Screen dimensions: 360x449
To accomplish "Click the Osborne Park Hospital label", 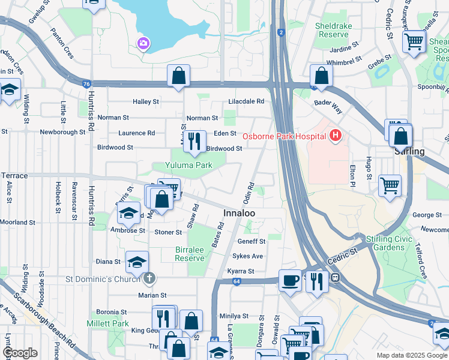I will tap(283, 136).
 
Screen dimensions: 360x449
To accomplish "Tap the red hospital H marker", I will tap(335, 136).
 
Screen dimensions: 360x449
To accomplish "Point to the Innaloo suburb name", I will tap(239, 214).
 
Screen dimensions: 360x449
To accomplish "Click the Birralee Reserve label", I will tap(189, 253).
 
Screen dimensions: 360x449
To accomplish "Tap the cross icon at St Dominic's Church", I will tap(149, 278).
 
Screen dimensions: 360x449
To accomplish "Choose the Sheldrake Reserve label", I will tap(332, 30).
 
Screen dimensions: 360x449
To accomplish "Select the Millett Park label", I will tap(112, 323).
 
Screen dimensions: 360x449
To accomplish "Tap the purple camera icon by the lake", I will tap(143, 43).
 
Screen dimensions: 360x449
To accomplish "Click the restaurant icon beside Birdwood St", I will tap(194, 142).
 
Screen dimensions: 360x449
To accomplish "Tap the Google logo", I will tap(20, 353).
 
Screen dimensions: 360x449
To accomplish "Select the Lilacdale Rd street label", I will tap(246, 101).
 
